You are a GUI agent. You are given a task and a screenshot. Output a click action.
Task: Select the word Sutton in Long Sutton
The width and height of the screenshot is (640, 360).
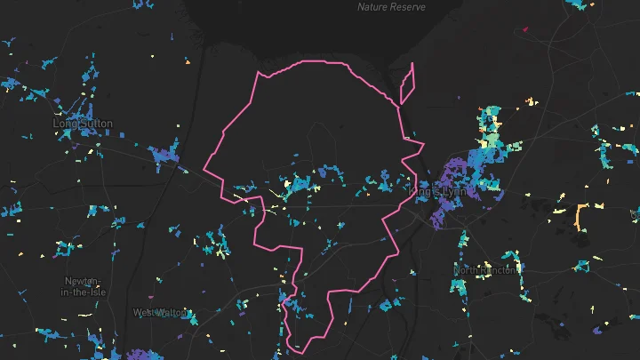click(x=95, y=124)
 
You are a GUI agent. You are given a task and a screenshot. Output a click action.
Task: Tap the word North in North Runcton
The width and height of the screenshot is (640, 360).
click(x=468, y=270)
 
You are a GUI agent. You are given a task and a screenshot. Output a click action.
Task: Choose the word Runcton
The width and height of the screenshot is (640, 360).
click(x=499, y=270)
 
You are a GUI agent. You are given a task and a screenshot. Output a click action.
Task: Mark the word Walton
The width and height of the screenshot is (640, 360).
click(x=172, y=313)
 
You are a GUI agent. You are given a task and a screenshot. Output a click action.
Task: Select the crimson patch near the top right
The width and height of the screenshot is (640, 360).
click(x=525, y=29)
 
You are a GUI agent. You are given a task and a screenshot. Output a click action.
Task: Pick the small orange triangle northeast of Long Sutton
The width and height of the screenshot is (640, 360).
click(x=187, y=62)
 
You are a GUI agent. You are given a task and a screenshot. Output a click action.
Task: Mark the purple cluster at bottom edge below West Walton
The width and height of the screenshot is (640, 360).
click(x=142, y=355)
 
